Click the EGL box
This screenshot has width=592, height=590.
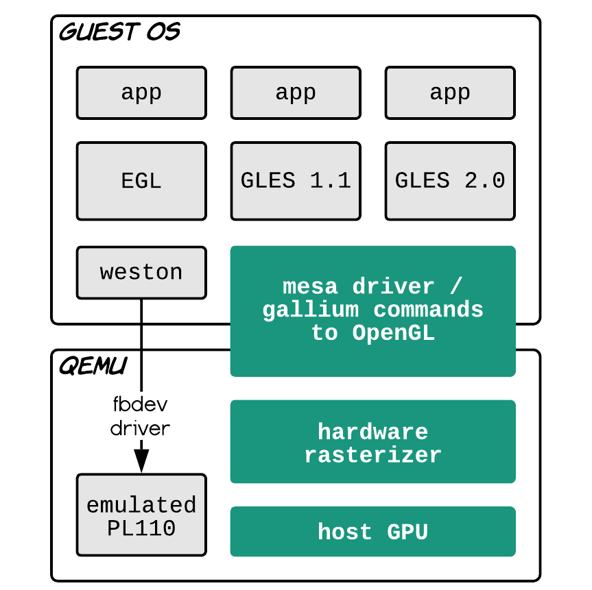coord(141,181)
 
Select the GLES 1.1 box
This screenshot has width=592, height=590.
coord(296,181)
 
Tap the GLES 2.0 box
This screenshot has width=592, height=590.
coord(450,181)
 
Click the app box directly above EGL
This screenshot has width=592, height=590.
coord(141,93)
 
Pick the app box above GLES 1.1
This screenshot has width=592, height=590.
coord(296,93)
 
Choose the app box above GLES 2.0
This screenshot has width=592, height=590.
coord(450,93)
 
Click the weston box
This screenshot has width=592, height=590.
coord(141,272)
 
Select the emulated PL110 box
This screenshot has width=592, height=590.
coord(141,515)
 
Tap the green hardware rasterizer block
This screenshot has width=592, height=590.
coord(373,441)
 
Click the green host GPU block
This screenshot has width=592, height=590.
coord(373,531)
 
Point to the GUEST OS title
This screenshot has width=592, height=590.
coord(119,32)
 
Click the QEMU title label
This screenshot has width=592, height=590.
coord(93,365)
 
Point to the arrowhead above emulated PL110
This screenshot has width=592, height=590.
coord(141,461)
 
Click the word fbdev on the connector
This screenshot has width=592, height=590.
coord(141,404)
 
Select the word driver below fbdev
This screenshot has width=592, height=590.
coord(141,428)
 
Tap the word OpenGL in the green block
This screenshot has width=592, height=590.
coord(393,333)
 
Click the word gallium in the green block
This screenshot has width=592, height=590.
coord(311,310)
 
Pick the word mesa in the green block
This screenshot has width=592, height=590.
coord(310,286)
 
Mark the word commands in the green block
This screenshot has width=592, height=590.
coord(428,310)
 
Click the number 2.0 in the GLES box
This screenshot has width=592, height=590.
coord(485,180)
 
